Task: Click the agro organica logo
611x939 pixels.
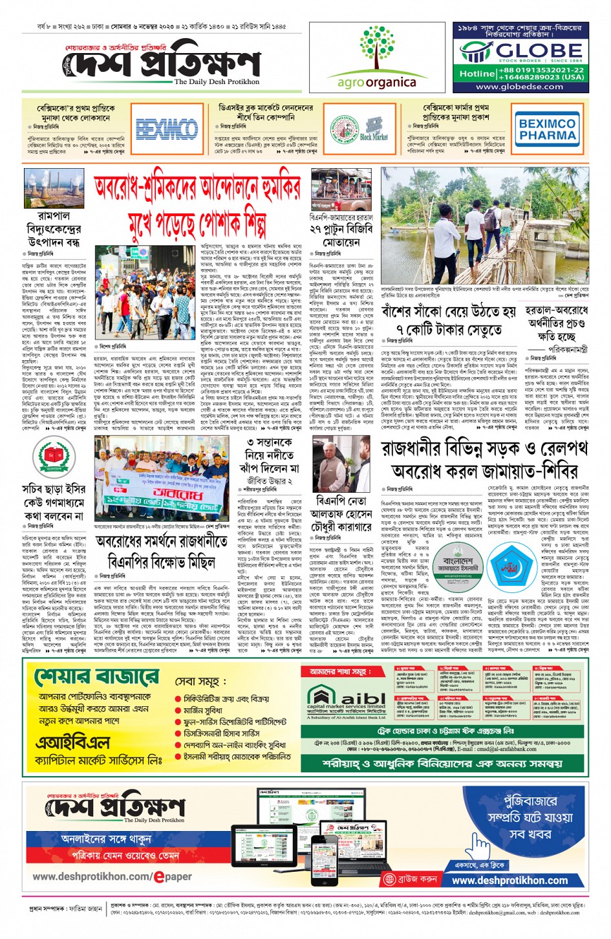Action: click(376, 58)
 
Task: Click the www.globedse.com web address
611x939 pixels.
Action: click(519, 87)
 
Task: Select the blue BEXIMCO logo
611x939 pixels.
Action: click(167, 128)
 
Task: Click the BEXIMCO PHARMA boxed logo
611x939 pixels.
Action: click(547, 129)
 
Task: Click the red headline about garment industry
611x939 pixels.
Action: click(198, 206)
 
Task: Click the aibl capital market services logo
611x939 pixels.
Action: click(346, 702)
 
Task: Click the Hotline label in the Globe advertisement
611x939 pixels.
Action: click(477, 74)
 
